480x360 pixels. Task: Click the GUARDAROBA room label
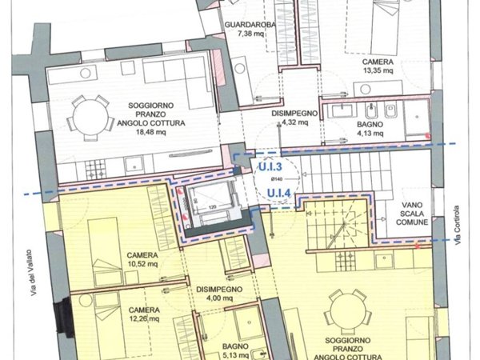tap(250, 25)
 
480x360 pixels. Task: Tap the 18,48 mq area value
tap(151, 132)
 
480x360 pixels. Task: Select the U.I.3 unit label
tap(270, 167)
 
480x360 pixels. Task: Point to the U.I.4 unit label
tap(278, 194)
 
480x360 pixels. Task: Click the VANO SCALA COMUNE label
tap(412, 214)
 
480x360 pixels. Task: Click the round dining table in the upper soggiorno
tap(90, 118)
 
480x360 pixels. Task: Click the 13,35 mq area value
tap(378, 70)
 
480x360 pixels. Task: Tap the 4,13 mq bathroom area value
tap(370, 133)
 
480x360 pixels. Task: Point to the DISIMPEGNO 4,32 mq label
tap(294, 118)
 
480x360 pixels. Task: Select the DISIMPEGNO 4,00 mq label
tap(219, 294)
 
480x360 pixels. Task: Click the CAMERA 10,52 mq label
tap(142, 259)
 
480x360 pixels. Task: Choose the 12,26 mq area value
tap(144, 319)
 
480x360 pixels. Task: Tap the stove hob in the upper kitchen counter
tap(95, 170)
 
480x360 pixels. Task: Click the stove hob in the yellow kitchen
tap(347, 261)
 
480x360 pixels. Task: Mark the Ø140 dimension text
tap(277, 178)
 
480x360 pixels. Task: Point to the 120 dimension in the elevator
tap(212, 207)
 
